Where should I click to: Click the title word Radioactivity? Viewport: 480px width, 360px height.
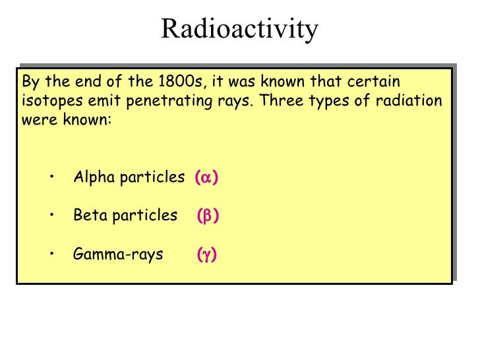click(x=239, y=28)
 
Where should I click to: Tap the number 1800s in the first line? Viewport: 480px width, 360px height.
click(x=181, y=82)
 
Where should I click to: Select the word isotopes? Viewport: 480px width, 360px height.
click(x=50, y=102)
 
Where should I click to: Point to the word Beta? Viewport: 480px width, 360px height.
click(x=88, y=216)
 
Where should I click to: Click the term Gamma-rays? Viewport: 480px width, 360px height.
click(x=118, y=255)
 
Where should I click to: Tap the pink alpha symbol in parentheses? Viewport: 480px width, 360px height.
click(x=206, y=177)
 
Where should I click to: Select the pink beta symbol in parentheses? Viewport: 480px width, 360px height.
click(x=208, y=216)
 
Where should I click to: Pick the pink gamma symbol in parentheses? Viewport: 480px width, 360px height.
click(x=206, y=255)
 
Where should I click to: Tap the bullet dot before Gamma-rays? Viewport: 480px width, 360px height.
click(x=51, y=254)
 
